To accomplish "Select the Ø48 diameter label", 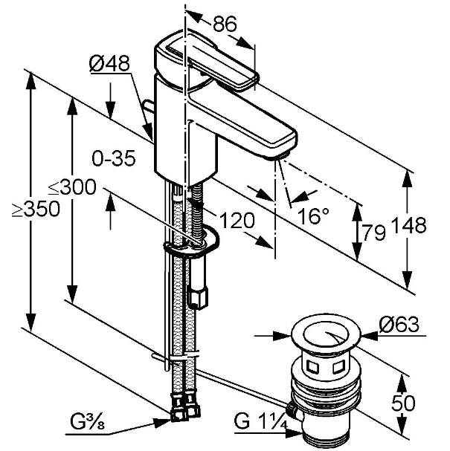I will click(x=109, y=65).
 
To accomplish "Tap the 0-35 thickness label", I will click(x=113, y=159).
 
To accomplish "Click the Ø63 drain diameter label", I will click(x=398, y=325).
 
